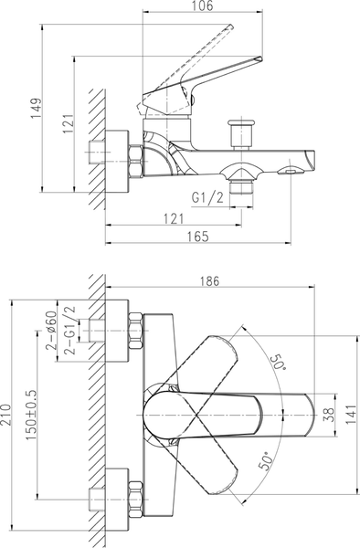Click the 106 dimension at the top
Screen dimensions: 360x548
coord(202,6)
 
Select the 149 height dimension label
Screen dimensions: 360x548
coord(36,109)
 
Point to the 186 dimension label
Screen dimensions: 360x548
coord(210,281)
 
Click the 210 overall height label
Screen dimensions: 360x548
coord(6,415)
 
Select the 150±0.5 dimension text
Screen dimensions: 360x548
coord(31,416)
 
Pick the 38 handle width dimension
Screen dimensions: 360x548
coord(330,415)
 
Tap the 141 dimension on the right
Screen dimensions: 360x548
coord(352,415)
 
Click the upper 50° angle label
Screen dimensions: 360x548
coord(278,362)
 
